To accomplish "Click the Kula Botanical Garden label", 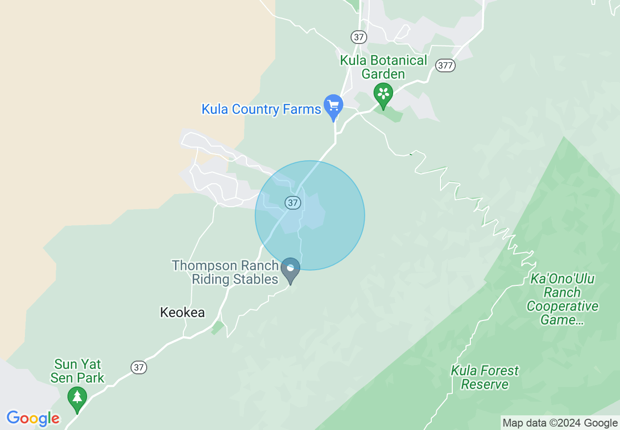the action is pyautogui.click(x=384, y=67).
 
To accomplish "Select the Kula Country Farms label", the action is pyautogui.click(x=261, y=109).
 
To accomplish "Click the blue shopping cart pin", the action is pyautogui.click(x=333, y=106).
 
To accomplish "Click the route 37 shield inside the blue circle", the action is pyautogui.click(x=292, y=202).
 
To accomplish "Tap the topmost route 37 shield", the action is pyautogui.click(x=358, y=37).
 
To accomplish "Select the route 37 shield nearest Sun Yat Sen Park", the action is pyautogui.click(x=139, y=367).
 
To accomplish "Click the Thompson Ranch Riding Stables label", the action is pyautogui.click(x=225, y=273).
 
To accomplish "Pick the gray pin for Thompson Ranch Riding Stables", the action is pyautogui.click(x=290, y=269).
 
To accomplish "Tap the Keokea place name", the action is pyautogui.click(x=182, y=313).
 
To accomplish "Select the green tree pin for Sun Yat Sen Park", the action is pyautogui.click(x=77, y=398).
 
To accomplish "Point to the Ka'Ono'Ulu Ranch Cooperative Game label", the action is pyautogui.click(x=562, y=300).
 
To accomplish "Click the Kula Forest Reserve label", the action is pyautogui.click(x=485, y=377).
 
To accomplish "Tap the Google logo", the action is pyautogui.click(x=33, y=418).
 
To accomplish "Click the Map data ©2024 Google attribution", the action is pyautogui.click(x=560, y=423).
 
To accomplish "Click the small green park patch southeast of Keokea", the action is pyautogui.click(x=218, y=327).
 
